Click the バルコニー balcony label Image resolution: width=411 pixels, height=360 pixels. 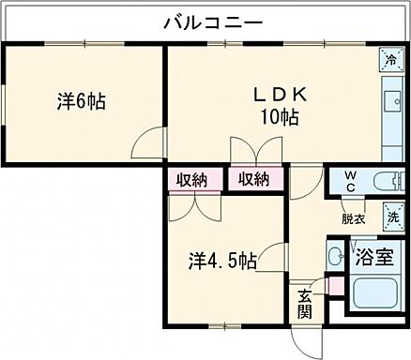[212, 21]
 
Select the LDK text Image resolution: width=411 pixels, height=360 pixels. [279, 96]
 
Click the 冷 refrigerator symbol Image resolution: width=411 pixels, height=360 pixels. [388, 60]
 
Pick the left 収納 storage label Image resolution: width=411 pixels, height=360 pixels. [195, 179]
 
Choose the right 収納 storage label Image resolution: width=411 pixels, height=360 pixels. [254, 179]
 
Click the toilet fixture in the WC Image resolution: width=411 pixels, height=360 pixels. [386, 183]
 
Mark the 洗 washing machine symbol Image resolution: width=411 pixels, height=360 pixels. [393, 217]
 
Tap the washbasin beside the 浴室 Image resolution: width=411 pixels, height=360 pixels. [333, 255]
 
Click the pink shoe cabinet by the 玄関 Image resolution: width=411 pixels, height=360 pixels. [328, 283]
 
